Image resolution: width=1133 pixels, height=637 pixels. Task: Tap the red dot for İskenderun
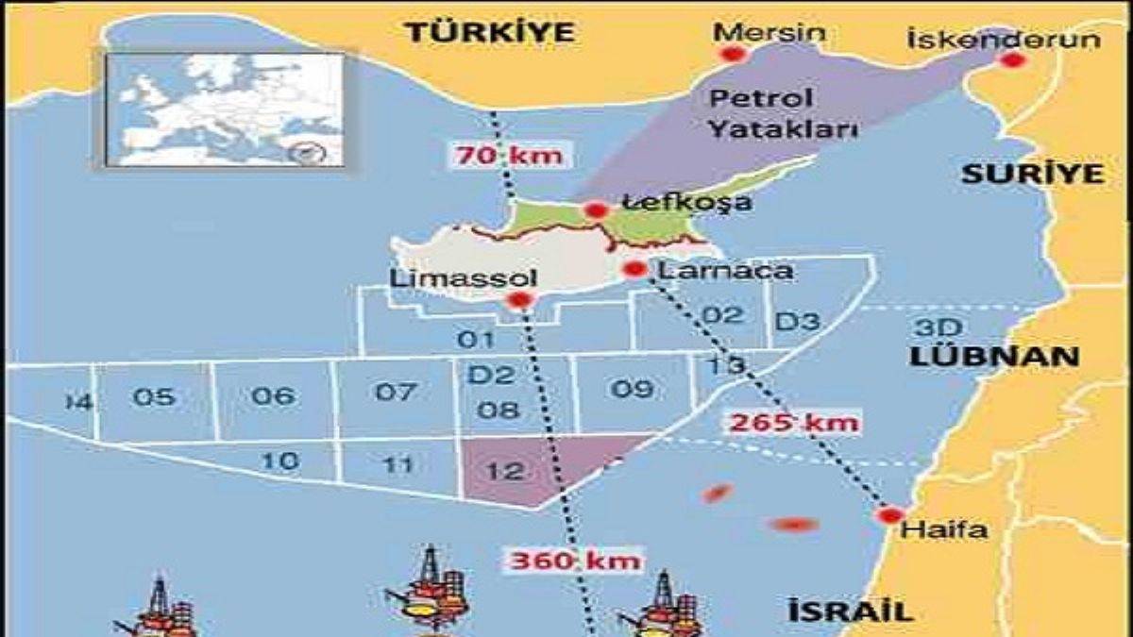(1012, 60)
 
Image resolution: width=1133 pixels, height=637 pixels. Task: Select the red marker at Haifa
(888, 516)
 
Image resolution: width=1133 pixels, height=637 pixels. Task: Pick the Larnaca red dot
(634, 270)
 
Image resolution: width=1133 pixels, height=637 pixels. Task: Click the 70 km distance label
(510, 155)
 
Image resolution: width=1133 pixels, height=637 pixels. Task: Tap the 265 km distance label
(794, 421)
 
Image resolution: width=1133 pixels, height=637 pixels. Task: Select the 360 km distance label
(575, 561)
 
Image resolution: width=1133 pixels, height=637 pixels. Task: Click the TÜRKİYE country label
(490, 32)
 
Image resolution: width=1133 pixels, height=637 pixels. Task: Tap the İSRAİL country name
(851, 612)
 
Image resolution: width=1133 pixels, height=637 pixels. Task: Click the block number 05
(154, 397)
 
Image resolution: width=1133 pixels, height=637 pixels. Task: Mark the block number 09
(632, 388)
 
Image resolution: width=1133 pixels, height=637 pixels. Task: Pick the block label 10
(279, 461)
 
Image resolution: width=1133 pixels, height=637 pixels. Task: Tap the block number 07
(396, 391)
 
